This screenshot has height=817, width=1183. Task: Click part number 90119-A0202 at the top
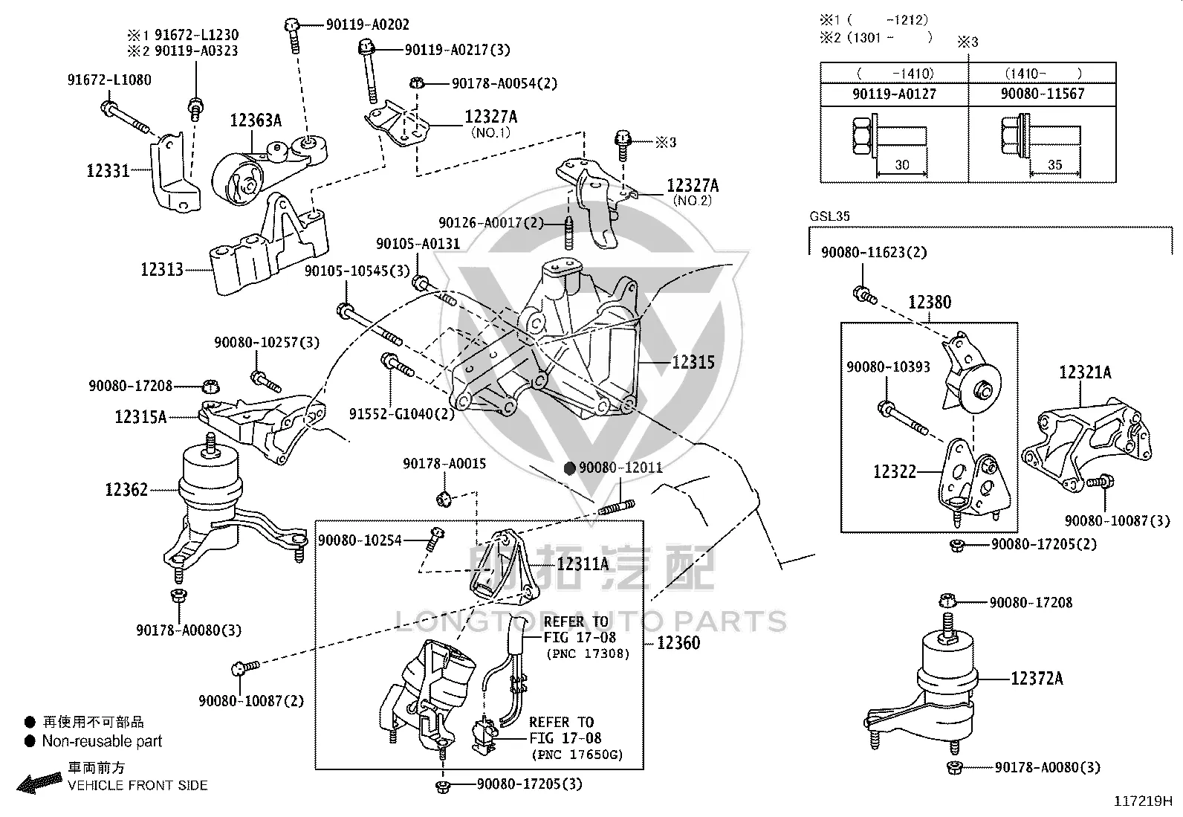(368, 25)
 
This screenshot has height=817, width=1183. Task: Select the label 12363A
(256, 120)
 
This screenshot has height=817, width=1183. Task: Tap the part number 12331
(108, 171)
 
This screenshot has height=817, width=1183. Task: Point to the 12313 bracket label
(161, 270)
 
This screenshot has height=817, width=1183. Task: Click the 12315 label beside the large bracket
(693, 363)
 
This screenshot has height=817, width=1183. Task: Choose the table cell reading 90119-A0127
(894, 94)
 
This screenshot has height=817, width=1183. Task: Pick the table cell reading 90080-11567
(1043, 94)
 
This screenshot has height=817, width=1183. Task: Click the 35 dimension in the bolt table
(1054, 164)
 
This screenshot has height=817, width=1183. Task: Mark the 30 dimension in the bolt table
(902, 164)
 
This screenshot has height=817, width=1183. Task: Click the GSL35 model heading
(830, 216)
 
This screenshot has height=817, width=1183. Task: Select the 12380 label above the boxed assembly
(930, 303)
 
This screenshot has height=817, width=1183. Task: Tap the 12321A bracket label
(1086, 372)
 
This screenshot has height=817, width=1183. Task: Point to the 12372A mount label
(1037, 678)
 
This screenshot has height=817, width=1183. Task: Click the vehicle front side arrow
(39, 781)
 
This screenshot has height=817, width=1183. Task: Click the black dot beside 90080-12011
(569, 468)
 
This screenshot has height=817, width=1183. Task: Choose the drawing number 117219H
(1143, 801)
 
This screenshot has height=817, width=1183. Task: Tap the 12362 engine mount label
(126, 489)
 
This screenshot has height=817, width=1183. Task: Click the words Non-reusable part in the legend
(102, 741)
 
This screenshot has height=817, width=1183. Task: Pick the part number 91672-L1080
(109, 80)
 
